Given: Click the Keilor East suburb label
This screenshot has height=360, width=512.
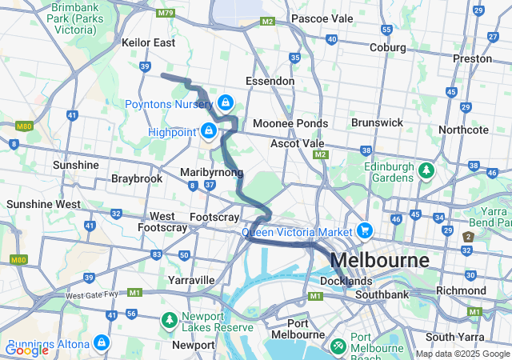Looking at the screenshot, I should [148, 42].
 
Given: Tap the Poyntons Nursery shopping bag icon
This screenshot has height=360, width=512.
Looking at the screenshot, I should [226, 102].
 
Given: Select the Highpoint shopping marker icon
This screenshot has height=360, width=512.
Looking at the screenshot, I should [209, 130].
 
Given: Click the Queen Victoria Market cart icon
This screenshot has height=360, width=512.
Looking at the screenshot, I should [365, 230].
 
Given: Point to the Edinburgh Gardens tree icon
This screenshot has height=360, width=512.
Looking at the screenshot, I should [427, 170].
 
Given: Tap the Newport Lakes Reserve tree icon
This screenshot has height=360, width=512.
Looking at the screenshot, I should [169, 320].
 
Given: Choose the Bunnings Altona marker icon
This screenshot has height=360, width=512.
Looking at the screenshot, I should [101, 342].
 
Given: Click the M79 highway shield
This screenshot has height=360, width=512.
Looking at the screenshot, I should [166, 13].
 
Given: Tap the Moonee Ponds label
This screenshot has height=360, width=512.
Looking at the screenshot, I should [290, 124].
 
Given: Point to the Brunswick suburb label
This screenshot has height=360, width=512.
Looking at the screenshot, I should [377, 122].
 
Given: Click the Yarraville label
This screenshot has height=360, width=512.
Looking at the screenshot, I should [191, 280].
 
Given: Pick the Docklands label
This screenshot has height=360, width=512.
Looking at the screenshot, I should [346, 282].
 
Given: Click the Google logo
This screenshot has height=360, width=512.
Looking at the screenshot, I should [26, 350].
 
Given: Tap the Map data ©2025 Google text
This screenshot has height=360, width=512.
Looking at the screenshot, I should [462, 354].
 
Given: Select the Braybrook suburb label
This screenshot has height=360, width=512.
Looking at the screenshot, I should [137, 178].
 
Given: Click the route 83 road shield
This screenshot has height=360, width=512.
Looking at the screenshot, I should [155, 254].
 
